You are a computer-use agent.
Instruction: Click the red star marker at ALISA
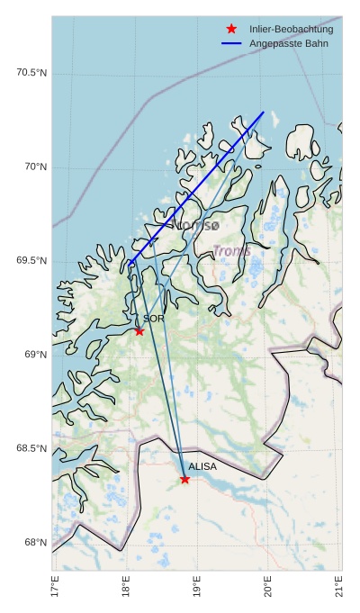pos(184,479)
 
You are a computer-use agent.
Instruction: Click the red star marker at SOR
pos(139,331)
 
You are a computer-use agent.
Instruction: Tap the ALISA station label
pos(202,466)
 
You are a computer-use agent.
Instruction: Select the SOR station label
pos(153,319)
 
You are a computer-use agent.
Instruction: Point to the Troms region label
pos(231,251)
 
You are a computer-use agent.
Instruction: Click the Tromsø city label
pos(197,226)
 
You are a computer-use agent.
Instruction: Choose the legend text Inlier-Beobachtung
pos(291,30)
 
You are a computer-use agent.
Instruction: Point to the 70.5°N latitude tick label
pos(31,73)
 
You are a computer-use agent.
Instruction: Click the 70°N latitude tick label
pos(35,167)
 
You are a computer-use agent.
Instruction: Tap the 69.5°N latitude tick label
pos(31,261)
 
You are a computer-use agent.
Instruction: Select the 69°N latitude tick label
pos(35,355)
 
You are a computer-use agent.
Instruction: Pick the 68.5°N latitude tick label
pos(31,448)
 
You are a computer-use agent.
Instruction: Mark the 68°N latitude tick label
pos(35,542)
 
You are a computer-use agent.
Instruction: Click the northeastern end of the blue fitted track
pos(264,113)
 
